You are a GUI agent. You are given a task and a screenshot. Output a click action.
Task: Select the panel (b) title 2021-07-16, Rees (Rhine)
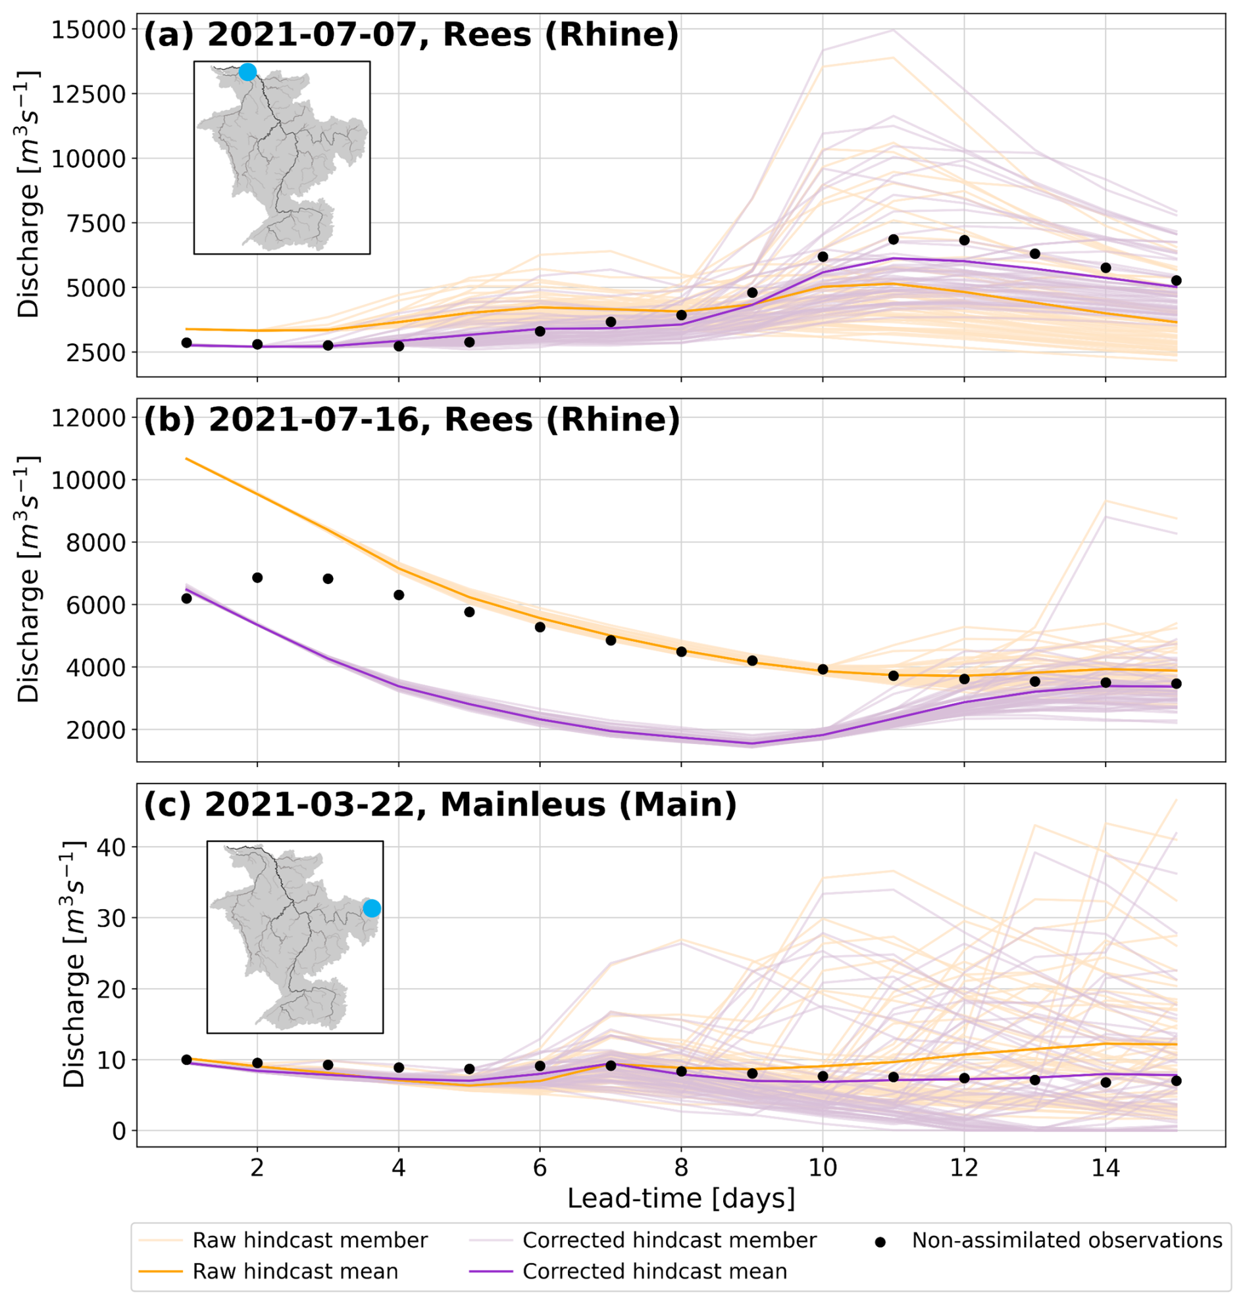(411, 420)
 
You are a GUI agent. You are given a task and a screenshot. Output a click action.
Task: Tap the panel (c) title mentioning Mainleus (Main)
(440, 804)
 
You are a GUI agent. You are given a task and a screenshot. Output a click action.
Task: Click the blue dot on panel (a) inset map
(247, 72)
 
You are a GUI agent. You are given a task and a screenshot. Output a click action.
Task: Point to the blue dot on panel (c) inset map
(372, 908)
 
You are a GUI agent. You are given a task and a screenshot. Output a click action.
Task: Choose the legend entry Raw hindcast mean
(295, 1271)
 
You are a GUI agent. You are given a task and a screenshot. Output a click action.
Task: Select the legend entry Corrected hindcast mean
(654, 1271)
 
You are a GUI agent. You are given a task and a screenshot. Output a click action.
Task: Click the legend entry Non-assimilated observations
(1067, 1241)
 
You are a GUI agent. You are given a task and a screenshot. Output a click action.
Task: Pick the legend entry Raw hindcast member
(309, 1241)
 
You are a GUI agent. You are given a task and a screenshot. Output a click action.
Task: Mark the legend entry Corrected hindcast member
(669, 1241)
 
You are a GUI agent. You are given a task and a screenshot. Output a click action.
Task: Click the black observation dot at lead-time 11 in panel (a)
(893, 239)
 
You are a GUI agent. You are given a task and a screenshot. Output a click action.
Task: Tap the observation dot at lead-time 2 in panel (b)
(257, 578)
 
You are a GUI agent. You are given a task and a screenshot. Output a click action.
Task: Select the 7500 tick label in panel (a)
(97, 224)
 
